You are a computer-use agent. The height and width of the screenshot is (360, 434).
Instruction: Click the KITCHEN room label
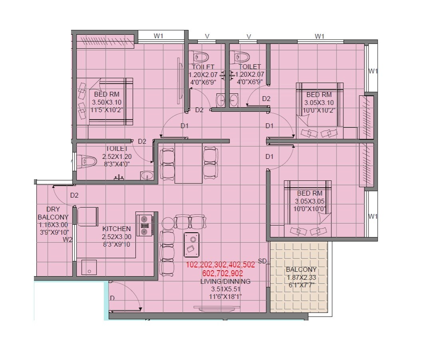(x=116, y=229)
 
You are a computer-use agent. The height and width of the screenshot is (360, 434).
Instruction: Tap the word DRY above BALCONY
(x=53, y=209)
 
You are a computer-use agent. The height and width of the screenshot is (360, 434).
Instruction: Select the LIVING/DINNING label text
(x=226, y=281)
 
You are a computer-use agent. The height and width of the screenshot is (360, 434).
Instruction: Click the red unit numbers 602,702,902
(x=220, y=273)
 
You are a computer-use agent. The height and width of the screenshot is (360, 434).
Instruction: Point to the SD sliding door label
(x=262, y=261)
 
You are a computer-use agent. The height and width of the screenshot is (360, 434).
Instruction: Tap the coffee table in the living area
(x=192, y=244)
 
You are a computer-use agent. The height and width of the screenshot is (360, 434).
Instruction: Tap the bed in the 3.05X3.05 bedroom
(x=307, y=208)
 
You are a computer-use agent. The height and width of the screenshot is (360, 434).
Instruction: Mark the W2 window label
(x=67, y=240)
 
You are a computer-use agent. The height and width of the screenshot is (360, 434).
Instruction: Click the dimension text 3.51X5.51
(x=226, y=289)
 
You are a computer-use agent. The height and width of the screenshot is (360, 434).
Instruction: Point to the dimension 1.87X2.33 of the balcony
(x=301, y=277)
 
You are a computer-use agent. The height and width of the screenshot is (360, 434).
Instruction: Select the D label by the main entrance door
(x=112, y=298)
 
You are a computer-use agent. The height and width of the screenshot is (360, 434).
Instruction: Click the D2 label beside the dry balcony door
(x=74, y=196)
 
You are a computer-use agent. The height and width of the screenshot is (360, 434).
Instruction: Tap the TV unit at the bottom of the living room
(x=217, y=307)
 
